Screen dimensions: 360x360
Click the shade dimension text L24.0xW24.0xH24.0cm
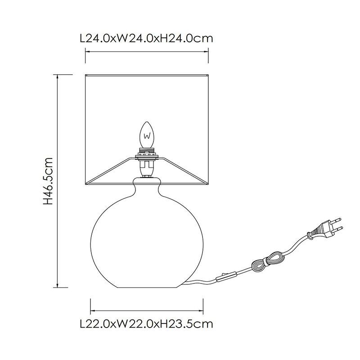(147, 38)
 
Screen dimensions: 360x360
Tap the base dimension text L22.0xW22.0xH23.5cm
(147, 324)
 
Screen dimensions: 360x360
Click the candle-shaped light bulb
(147, 135)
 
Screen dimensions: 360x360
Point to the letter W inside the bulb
(147, 136)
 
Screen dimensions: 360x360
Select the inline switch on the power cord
(226, 277)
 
